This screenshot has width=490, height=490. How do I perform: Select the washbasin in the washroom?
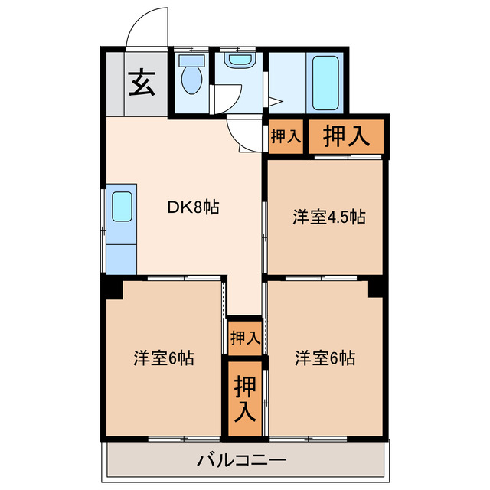pos(240,59)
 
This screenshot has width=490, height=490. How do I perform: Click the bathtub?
pos(325,81)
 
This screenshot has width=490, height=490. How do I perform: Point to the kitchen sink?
pos(122,206)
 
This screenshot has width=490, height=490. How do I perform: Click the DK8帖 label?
pos(194,207)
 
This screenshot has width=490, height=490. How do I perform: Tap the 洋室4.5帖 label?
pos(328,217)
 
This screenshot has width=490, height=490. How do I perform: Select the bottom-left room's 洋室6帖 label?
pos(163,358)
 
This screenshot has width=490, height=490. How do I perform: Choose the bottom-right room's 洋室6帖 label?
pos(325,358)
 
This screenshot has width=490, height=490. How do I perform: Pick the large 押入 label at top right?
pos(346,136)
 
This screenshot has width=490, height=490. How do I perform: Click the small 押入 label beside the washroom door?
pos(286,137)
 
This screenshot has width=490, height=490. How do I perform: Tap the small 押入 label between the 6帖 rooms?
pos(245,337)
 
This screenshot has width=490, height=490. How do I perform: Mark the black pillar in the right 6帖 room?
pos(375,289)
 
